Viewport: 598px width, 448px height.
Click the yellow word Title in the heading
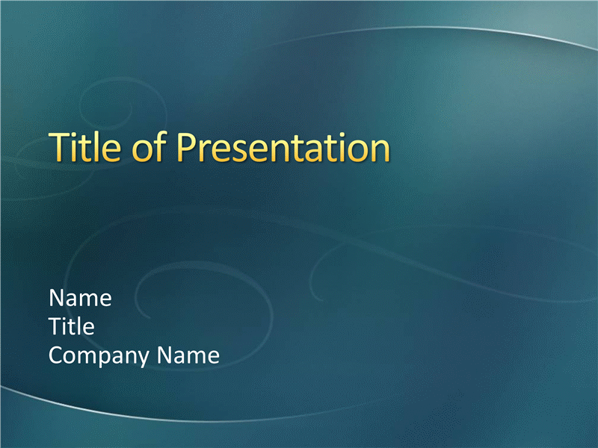pyautogui.click(x=85, y=146)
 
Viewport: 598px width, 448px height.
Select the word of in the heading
pyautogui.click(x=149, y=146)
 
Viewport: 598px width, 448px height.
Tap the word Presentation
pyautogui.click(x=283, y=147)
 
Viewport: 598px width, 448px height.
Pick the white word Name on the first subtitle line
pyautogui.click(x=81, y=297)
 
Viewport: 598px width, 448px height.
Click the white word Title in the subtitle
pyautogui.click(x=72, y=326)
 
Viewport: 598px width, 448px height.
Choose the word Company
pyautogui.click(x=99, y=356)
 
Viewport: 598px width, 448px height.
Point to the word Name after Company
pyautogui.click(x=188, y=355)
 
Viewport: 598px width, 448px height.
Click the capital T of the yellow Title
pyautogui.click(x=59, y=147)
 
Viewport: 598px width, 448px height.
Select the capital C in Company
pyautogui.click(x=56, y=355)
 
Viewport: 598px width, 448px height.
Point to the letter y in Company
pyautogui.click(x=142, y=360)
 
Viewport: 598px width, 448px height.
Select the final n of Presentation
pyautogui.click(x=380, y=152)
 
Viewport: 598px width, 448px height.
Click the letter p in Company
pyautogui.click(x=110, y=360)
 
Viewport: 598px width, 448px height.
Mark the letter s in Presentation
pyautogui.click(x=241, y=152)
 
